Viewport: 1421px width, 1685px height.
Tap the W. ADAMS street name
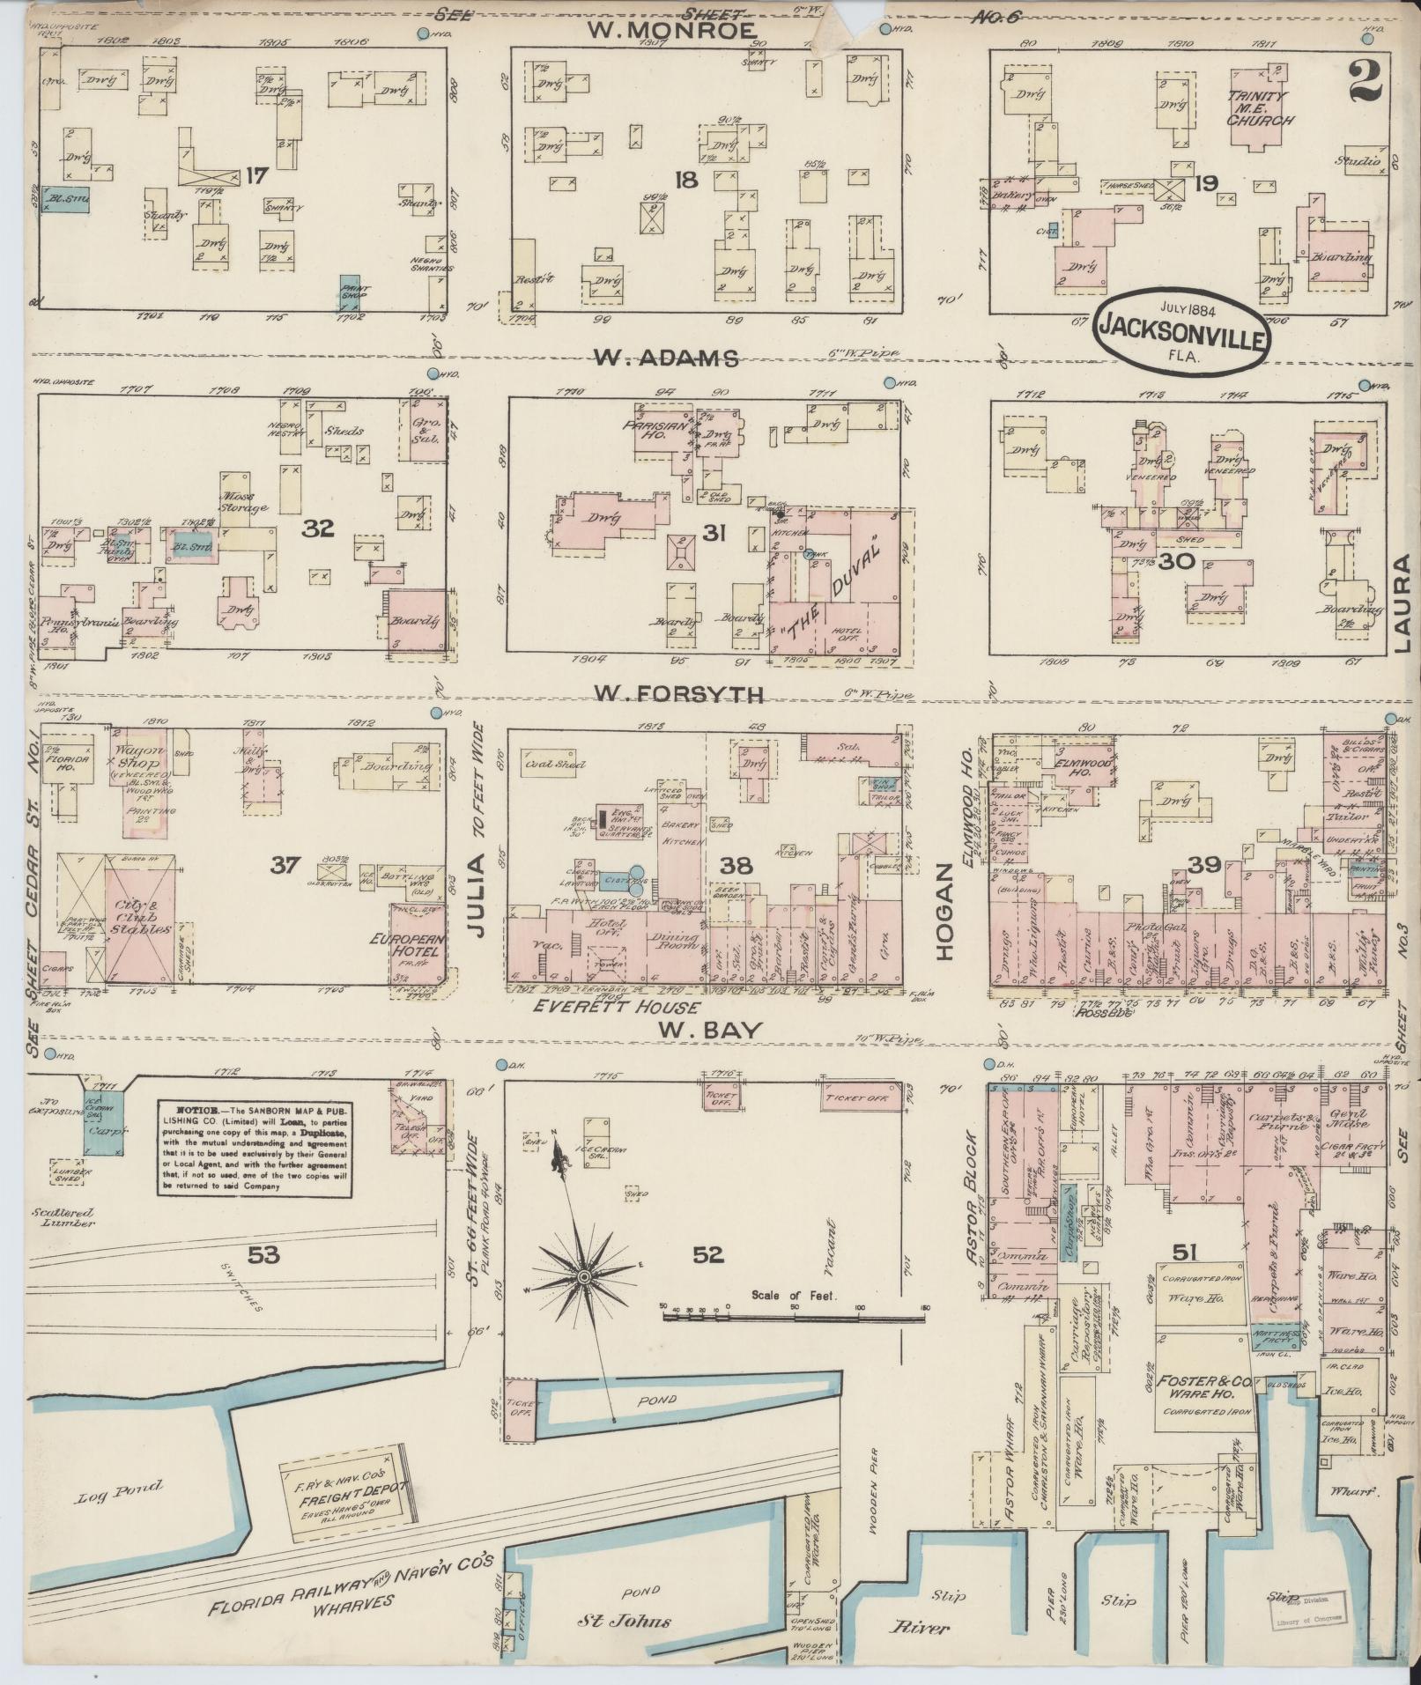coord(665,358)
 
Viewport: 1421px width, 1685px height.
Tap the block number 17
coord(255,176)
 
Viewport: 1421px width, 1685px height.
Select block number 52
coord(708,1255)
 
